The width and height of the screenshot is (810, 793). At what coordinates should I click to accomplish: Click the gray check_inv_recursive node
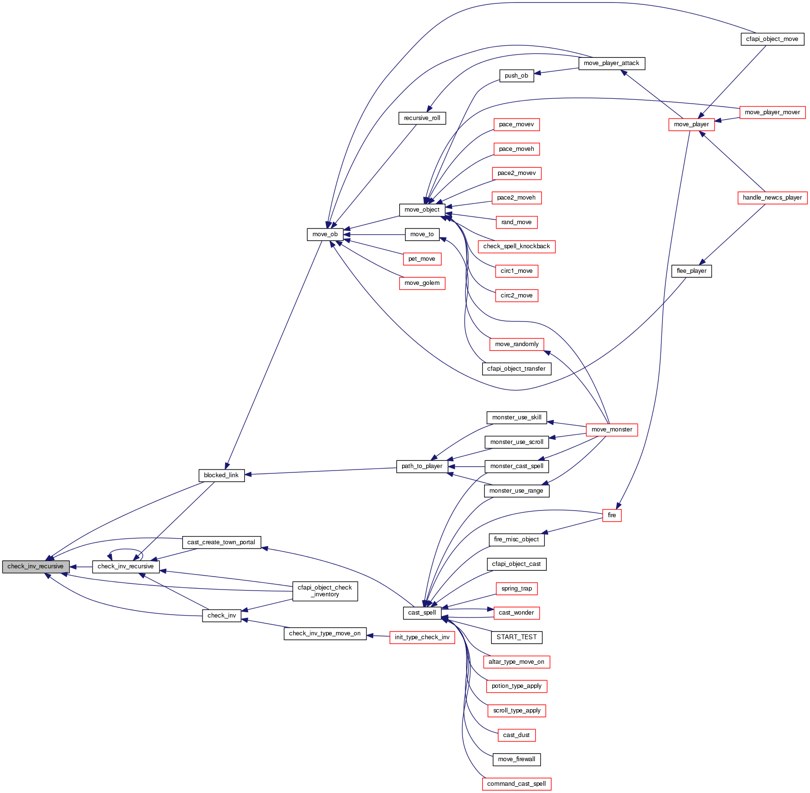[36, 566]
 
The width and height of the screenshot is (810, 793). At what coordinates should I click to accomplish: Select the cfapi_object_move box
[772, 39]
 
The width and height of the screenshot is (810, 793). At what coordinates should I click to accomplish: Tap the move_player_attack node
[611, 63]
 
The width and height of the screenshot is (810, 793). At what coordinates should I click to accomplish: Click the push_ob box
[516, 76]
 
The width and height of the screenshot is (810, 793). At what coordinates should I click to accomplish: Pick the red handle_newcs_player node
[772, 198]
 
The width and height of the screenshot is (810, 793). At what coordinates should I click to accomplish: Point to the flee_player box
[691, 271]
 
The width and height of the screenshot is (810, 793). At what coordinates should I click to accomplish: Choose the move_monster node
[611, 430]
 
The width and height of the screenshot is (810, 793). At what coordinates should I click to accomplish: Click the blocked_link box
[221, 475]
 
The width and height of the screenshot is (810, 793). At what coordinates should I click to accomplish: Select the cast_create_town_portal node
[221, 542]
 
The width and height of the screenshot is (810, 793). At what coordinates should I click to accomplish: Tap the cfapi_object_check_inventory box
[325, 591]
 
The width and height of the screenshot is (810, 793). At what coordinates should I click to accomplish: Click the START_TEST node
[516, 637]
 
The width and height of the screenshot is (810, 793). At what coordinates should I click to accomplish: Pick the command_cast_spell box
[516, 784]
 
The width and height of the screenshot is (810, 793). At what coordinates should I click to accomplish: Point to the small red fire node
[611, 515]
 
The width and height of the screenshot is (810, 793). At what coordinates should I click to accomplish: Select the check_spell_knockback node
[516, 246]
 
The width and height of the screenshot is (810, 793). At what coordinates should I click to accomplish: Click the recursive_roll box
[422, 118]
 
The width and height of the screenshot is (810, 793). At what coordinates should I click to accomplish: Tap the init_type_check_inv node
[422, 637]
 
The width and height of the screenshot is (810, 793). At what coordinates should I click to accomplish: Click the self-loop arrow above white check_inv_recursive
[125, 550]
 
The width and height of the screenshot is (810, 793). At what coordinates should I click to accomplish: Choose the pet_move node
[422, 259]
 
